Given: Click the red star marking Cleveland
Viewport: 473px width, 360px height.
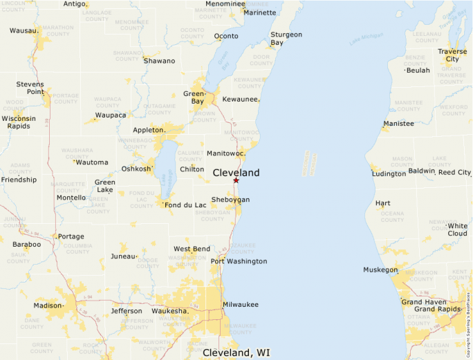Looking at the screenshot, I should click(x=236, y=180).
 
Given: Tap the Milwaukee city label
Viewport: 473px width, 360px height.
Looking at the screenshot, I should click(x=241, y=304).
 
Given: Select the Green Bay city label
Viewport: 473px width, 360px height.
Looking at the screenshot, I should click(x=194, y=97).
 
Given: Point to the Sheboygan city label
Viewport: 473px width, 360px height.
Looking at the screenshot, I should click(x=230, y=200).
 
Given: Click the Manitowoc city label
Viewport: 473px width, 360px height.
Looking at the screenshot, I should click(x=225, y=153).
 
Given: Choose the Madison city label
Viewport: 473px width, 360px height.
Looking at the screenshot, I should click(x=48, y=305).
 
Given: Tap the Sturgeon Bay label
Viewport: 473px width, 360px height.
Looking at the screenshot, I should click(x=286, y=39).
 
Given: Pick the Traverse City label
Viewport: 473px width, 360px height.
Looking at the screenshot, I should click(x=452, y=55).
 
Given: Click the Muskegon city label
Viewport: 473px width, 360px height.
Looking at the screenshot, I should click(x=380, y=269).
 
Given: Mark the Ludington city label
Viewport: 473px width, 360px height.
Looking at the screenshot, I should click(x=389, y=173).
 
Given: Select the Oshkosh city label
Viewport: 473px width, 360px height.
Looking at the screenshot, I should click(x=136, y=169).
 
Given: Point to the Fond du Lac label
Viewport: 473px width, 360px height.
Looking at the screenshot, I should click(x=185, y=205).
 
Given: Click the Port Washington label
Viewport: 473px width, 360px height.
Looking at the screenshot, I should click(x=239, y=261).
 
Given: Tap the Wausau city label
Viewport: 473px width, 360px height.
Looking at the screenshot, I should click(x=24, y=30).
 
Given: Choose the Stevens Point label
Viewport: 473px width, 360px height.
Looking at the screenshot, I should click(x=30, y=88).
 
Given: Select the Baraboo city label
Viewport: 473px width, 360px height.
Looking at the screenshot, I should click(x=26, y=244).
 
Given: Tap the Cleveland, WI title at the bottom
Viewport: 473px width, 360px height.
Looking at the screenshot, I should click(x=236, y=352).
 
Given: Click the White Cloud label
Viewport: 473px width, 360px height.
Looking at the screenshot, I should click(x=457, y=229).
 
